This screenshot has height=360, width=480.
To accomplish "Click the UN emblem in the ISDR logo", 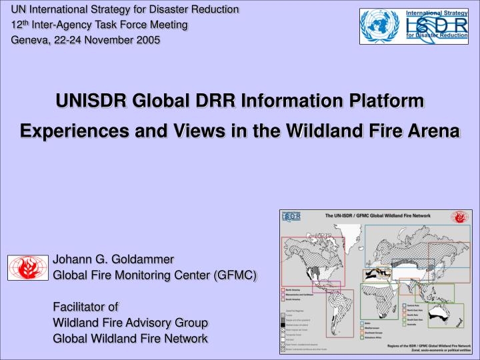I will tap(381, 27).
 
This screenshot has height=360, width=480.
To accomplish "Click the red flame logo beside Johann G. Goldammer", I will tap(29, 267).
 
